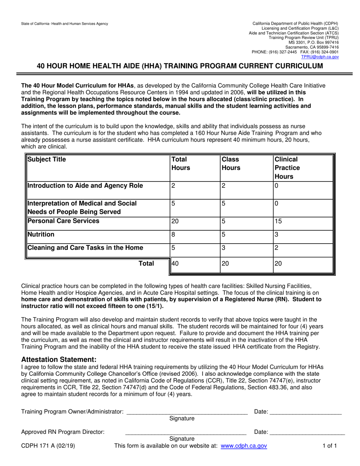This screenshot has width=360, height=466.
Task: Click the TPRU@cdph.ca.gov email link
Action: click(320, 56)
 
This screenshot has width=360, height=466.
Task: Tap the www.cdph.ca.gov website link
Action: click(244, 446)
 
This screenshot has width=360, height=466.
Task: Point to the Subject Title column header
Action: click(47, 160)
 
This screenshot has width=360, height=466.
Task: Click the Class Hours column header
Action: click(231, 163)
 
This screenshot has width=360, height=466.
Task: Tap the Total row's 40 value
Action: click(175, 264)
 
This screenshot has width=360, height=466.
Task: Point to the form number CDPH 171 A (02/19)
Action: click(48, 446)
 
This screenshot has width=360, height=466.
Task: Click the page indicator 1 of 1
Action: click(329, 446)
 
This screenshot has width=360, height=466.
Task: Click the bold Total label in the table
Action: click(146, 264)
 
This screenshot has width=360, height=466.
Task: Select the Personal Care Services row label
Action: click(63, 221)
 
